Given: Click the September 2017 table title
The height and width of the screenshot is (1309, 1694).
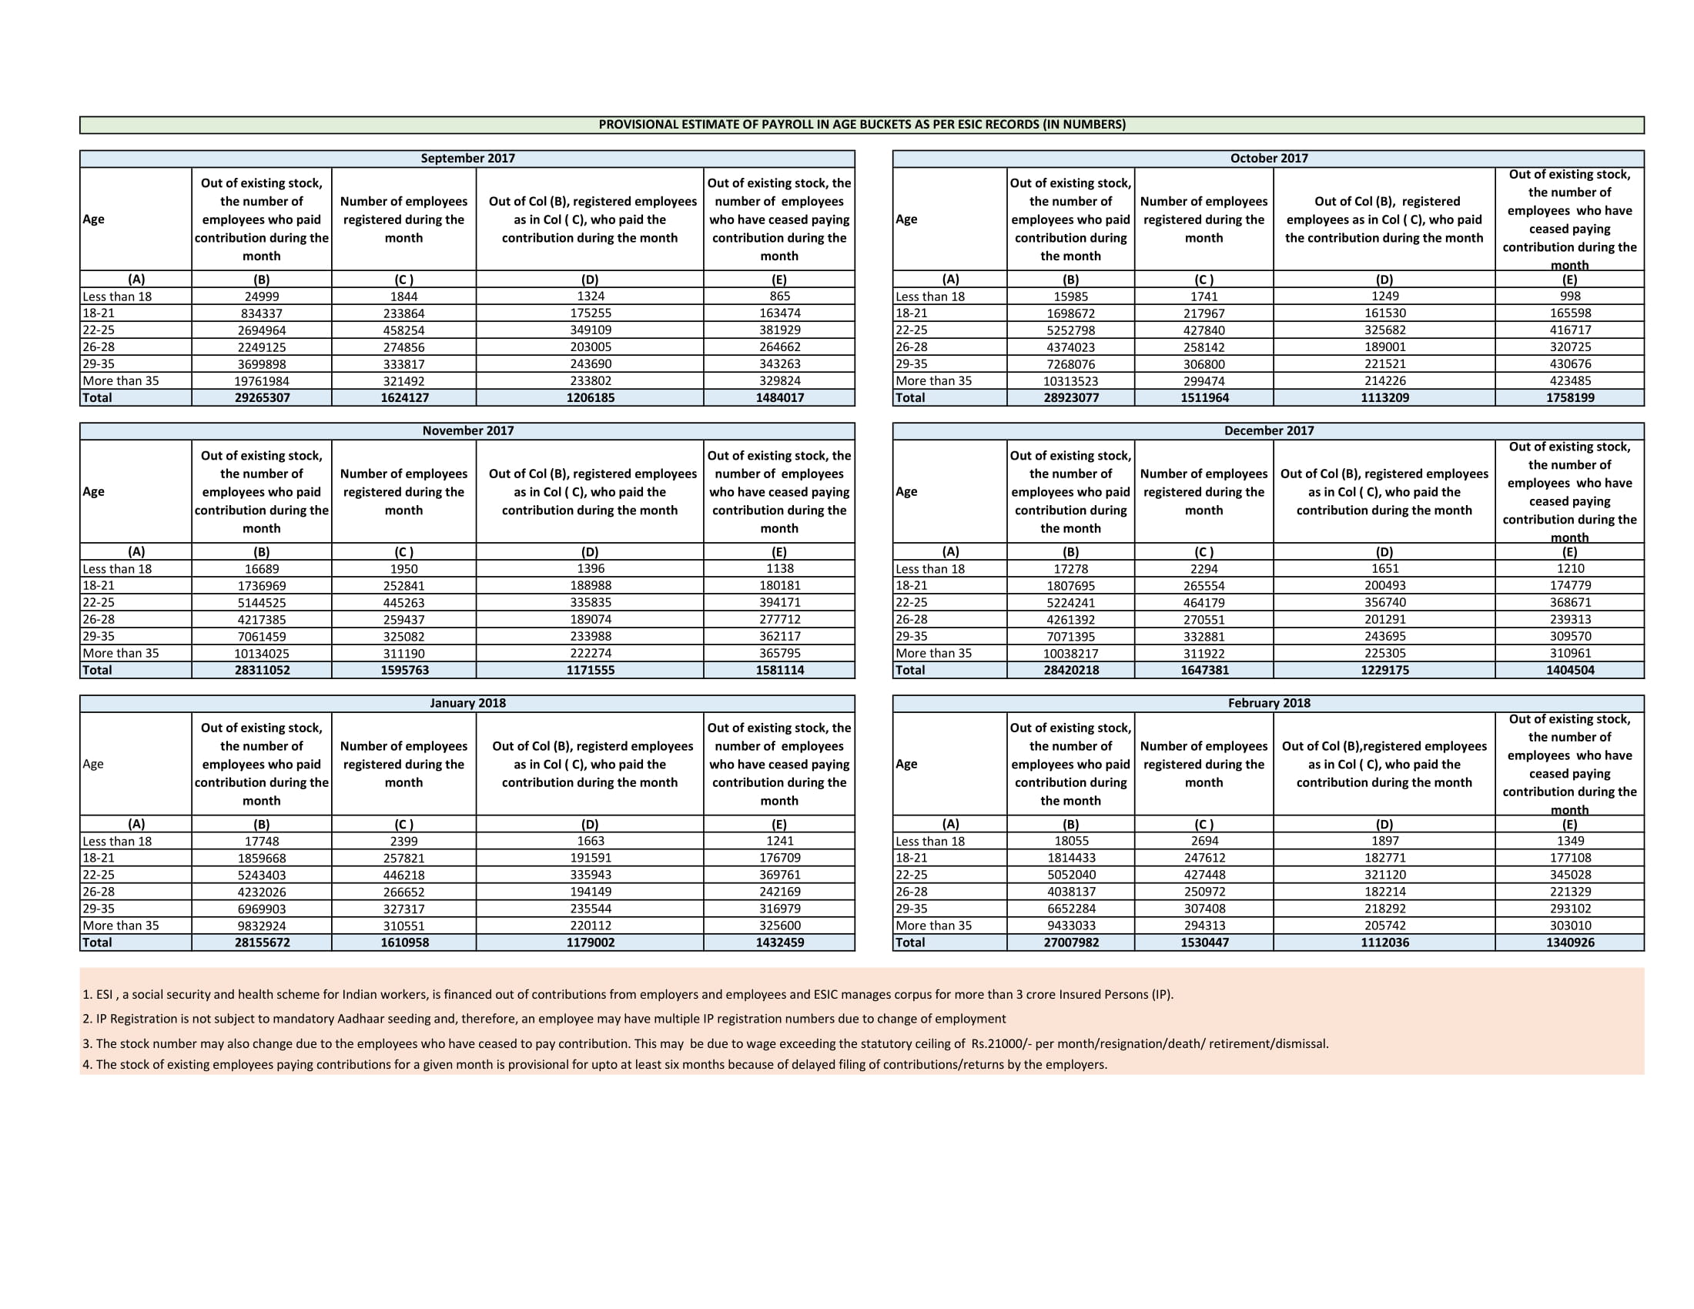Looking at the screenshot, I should pos(467,158).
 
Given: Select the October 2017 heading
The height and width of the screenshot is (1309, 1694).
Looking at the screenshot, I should pos(1268,158).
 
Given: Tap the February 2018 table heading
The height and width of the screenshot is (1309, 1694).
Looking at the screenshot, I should pos(1268,703).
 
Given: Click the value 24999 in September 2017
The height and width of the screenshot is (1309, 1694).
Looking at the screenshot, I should pos(261,296).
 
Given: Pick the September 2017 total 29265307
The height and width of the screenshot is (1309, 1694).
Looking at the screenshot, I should pos(262,398).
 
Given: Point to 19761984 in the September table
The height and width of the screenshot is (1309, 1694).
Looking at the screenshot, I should pos(261,380).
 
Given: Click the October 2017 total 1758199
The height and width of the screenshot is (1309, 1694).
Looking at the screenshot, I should pos(1570,398).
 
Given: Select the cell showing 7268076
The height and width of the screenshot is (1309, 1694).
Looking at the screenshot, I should pos(1070,364).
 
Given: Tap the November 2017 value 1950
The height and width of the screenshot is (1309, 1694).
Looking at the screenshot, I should pos(403,569).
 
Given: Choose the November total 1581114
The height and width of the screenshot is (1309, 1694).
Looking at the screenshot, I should pos(779,670).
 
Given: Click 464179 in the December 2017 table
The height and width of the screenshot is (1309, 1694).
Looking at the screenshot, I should pos(1204,603).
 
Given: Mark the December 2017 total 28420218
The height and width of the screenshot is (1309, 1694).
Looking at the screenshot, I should pos(1070,670).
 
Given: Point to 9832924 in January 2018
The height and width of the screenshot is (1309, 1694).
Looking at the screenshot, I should pos(261,926).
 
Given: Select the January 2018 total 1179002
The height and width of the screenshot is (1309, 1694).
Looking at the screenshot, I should pos(591,943).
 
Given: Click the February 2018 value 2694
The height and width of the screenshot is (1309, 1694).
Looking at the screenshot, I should pos(1204,842).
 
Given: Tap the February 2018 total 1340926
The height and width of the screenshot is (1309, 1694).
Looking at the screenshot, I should pos(1570,943).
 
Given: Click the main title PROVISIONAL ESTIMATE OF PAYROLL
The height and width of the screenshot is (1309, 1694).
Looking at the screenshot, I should pos(862,125).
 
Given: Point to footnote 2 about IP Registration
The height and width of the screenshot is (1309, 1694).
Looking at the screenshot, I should pos(544,1019).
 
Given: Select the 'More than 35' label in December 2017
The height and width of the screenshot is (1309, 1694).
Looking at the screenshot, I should pos(933,653).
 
